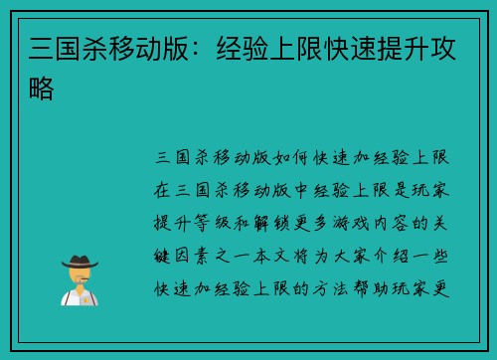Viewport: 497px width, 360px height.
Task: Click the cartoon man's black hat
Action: (81, 262)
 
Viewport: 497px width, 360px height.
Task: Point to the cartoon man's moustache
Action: (81, 280)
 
